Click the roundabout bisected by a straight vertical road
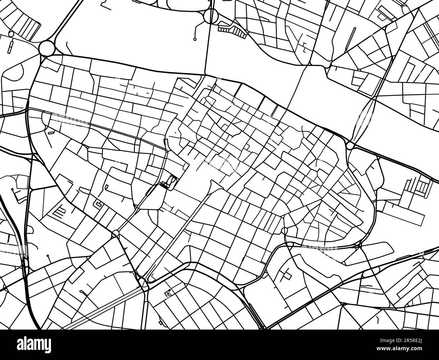click(x=211, y=16)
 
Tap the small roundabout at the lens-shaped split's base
click(x=350, y=146)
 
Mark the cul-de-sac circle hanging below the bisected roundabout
click(x=195, y=39)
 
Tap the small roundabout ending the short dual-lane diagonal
click(x=115, y=233)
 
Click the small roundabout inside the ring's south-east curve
click(x=284, y=231)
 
